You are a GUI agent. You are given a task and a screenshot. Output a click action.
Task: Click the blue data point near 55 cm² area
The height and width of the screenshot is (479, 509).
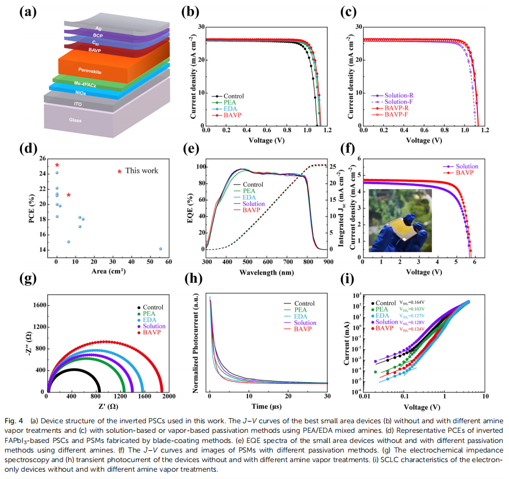pos(160,249)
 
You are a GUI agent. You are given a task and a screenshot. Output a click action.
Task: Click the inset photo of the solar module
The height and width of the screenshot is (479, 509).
pos(400,220)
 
